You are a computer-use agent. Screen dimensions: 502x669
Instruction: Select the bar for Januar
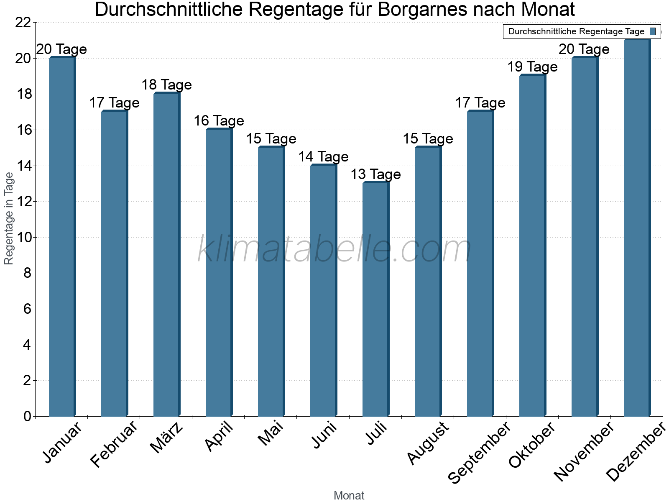62,237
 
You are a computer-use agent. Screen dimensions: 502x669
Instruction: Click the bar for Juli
375,300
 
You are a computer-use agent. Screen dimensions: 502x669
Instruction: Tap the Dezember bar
637,228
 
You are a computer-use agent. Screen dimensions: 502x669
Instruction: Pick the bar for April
219,273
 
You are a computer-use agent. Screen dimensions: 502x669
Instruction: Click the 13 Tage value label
375,174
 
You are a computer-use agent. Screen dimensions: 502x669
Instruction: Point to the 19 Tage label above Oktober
532,67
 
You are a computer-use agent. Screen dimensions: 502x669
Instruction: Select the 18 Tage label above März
166,85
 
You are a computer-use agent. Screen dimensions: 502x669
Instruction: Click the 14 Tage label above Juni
323,157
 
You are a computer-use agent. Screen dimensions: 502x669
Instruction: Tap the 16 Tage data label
219,121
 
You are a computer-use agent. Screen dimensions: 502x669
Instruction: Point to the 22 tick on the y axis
23,23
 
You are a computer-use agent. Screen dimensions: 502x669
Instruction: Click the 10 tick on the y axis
23,238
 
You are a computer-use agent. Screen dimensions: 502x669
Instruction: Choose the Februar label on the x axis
114,444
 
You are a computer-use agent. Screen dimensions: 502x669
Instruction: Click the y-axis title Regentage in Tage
9,218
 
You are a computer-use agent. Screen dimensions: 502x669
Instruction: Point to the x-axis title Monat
349,496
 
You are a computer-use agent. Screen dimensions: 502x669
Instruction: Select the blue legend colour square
653,31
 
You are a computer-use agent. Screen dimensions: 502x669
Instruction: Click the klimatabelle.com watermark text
334,249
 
